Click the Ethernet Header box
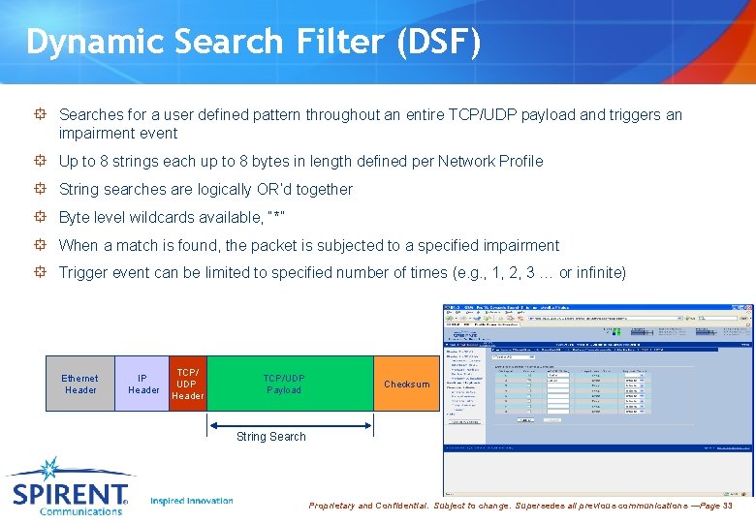click(80, 384)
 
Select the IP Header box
click(143, 384)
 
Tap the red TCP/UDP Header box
click(188, 384)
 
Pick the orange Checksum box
click(406, 384)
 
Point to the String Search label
click(271, 437)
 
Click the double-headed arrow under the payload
click(291, 423)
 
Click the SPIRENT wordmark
click(70, 495)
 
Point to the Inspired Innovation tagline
click(192, 501)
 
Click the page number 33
click(727, 507)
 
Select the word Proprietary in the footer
click(331, 507)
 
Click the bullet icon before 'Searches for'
click(41, 115)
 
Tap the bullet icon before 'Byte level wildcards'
click(41, 217)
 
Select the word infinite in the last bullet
click(600, 273)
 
